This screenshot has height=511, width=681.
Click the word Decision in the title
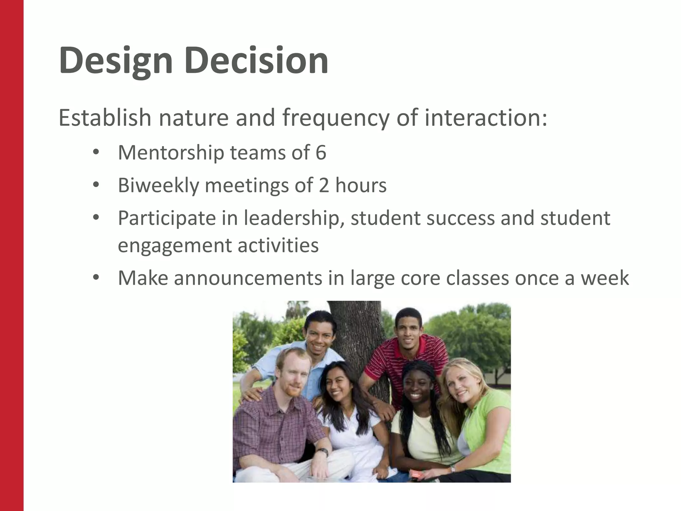(256, 61)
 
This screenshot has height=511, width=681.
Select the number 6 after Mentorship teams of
(321, 153)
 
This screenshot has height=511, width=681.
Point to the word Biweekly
(158, 185)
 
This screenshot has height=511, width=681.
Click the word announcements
(248, 278)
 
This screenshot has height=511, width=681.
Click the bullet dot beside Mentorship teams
(96, 153)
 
